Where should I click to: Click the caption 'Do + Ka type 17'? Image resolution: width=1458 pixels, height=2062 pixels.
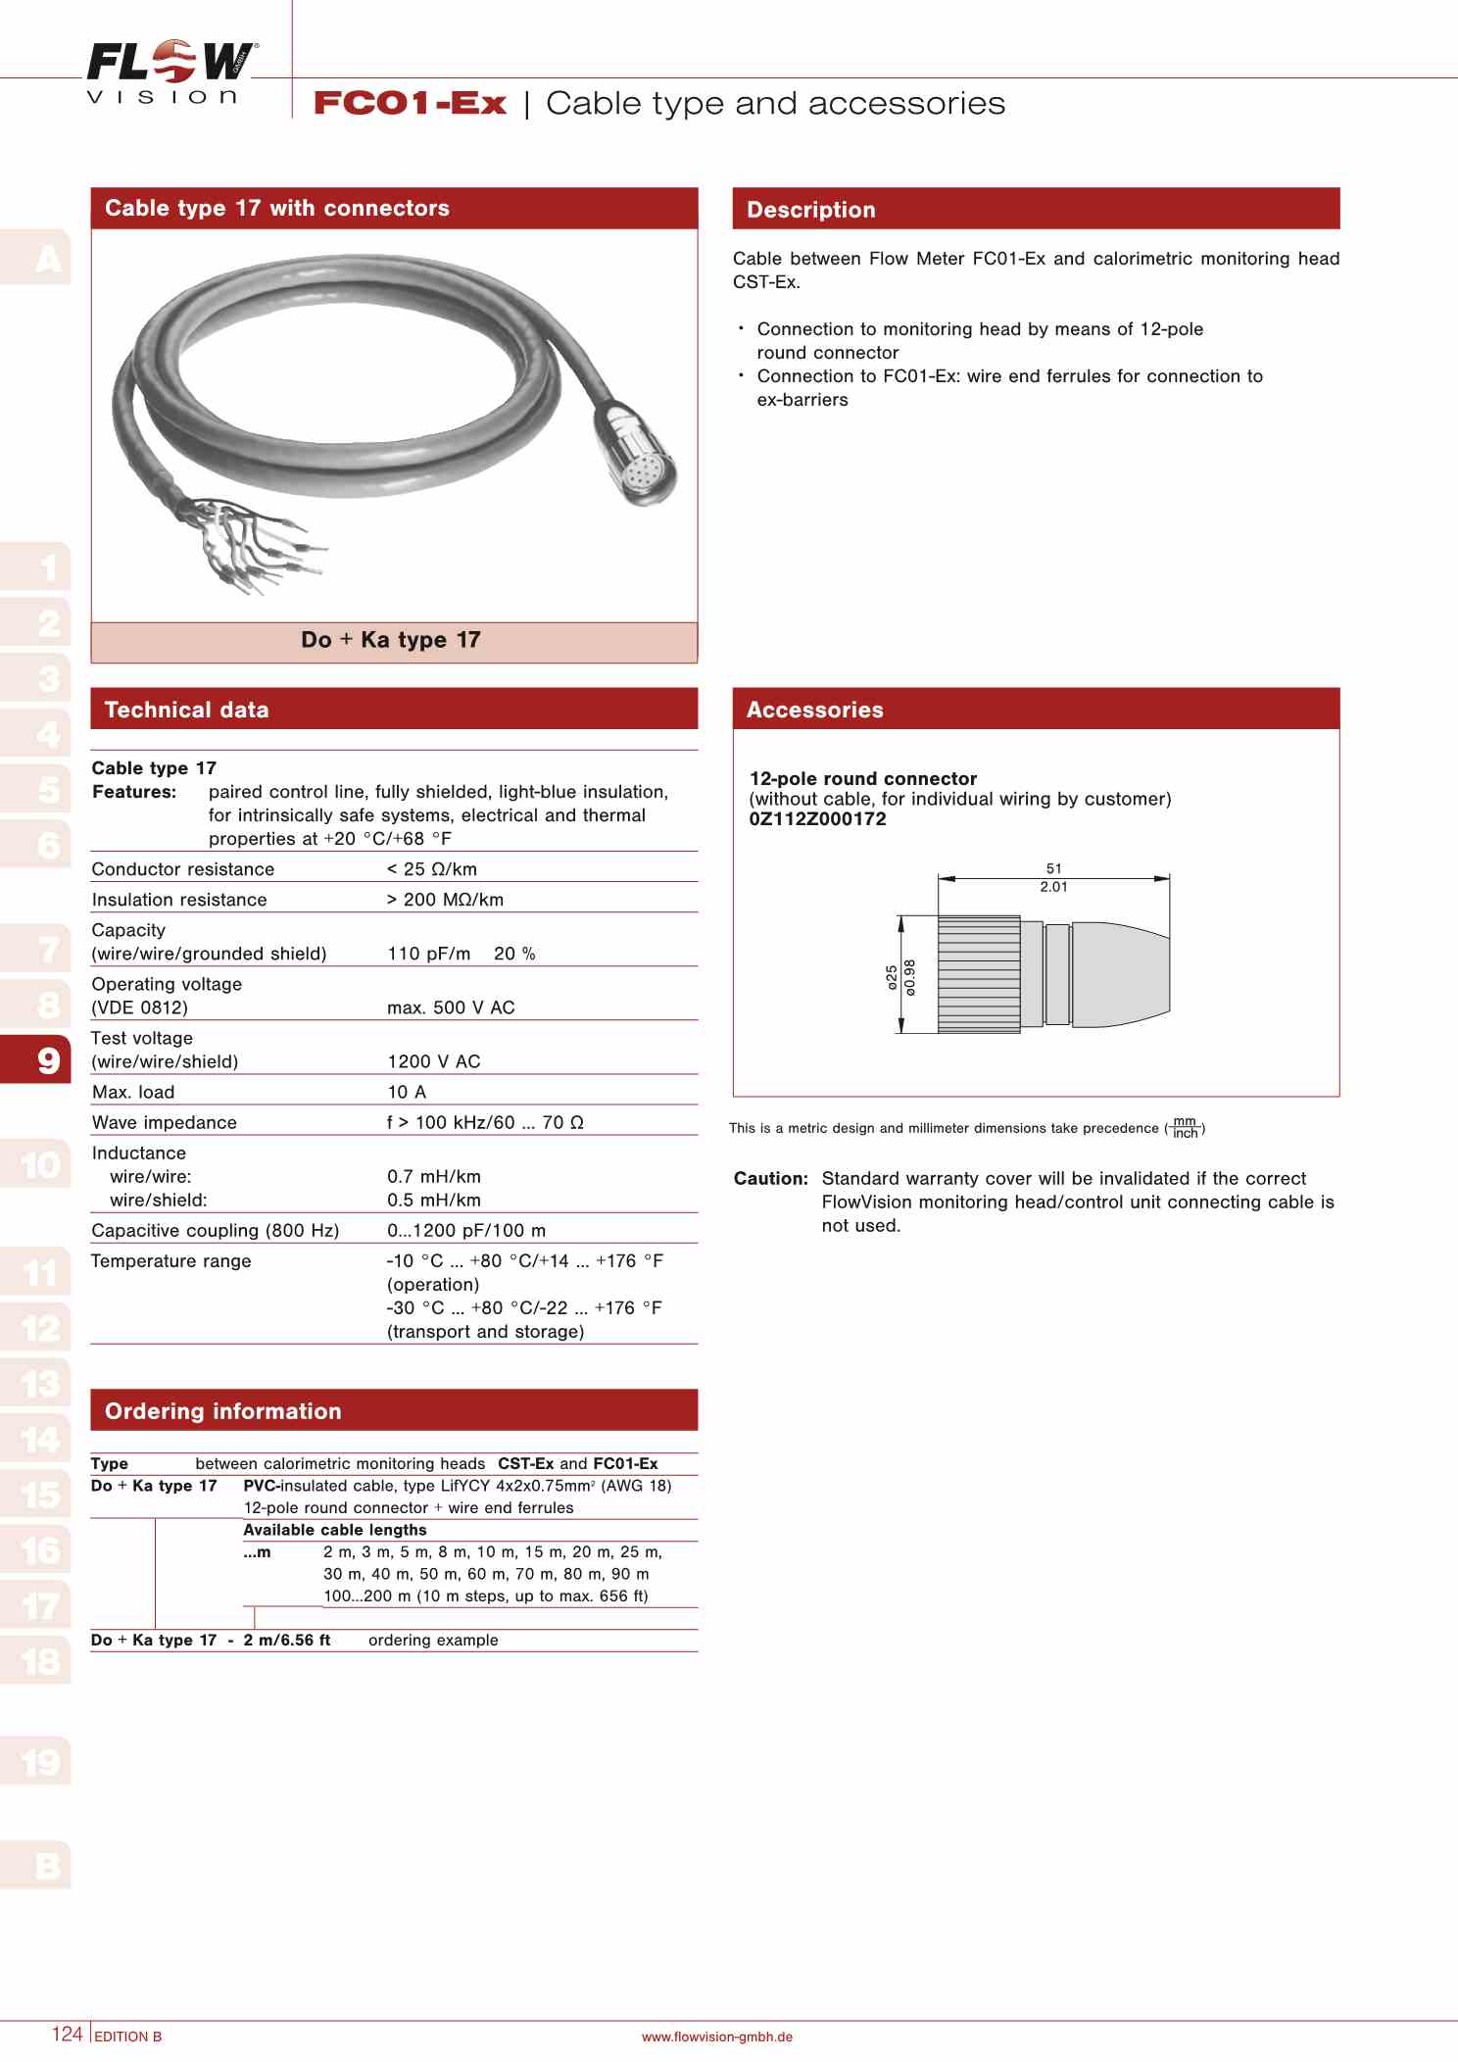[x=391, y=640]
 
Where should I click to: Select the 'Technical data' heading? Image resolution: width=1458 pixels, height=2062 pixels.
[x=186, y=710]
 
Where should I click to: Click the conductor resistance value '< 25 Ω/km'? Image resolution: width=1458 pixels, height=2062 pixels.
[x=432, y=869]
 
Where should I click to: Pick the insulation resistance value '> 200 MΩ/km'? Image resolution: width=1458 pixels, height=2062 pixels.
[x=445, y=900]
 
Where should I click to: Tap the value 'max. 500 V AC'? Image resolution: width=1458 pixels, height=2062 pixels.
[x=451, y=1007]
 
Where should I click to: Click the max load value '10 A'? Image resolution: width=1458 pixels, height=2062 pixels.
[x=407, y=1092]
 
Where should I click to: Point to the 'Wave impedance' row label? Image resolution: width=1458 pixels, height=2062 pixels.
[x=165, y=1122]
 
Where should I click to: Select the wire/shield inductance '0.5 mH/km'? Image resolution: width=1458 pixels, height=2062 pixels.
[x=434, y=1201]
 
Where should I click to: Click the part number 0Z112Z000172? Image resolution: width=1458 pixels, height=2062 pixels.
[x=817, y=819]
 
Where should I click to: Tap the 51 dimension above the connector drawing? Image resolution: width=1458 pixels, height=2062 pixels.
[x=1053, y=868]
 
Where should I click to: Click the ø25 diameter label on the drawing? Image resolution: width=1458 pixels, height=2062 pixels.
[x=892, y=977]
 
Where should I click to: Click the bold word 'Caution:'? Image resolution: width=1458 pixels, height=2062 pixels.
[x=771, y=1178]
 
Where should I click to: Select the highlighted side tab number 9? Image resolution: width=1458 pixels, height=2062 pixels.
[x=48, y=1059]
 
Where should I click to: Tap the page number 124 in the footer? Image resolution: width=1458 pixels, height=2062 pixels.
[x=67, y=2034]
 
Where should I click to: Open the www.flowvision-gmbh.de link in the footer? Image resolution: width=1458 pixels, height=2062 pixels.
[x=716, y=2037]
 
